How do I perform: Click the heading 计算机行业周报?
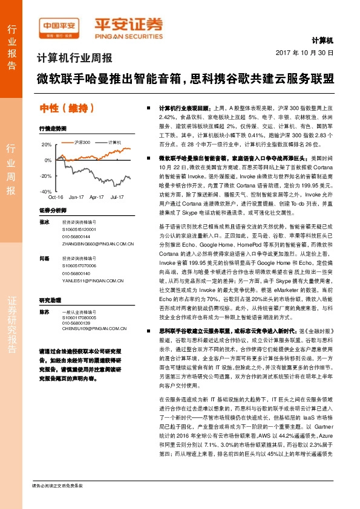tap(74, 59)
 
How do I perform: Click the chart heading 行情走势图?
tap(53, 129)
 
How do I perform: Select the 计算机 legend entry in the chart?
tap(116, 141)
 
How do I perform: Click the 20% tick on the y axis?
tap(47, 145)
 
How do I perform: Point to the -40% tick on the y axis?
tap(46, 191)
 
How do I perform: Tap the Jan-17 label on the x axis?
tap(76, 198)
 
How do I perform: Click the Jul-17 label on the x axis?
tap(117, 198)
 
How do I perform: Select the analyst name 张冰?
tap(44, 223)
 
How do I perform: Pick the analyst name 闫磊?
tap(44, 258)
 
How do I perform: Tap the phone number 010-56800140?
tap(76, 273)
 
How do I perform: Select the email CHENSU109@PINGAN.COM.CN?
tap(93, 329)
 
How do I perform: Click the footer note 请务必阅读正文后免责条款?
tap(57, 502)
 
